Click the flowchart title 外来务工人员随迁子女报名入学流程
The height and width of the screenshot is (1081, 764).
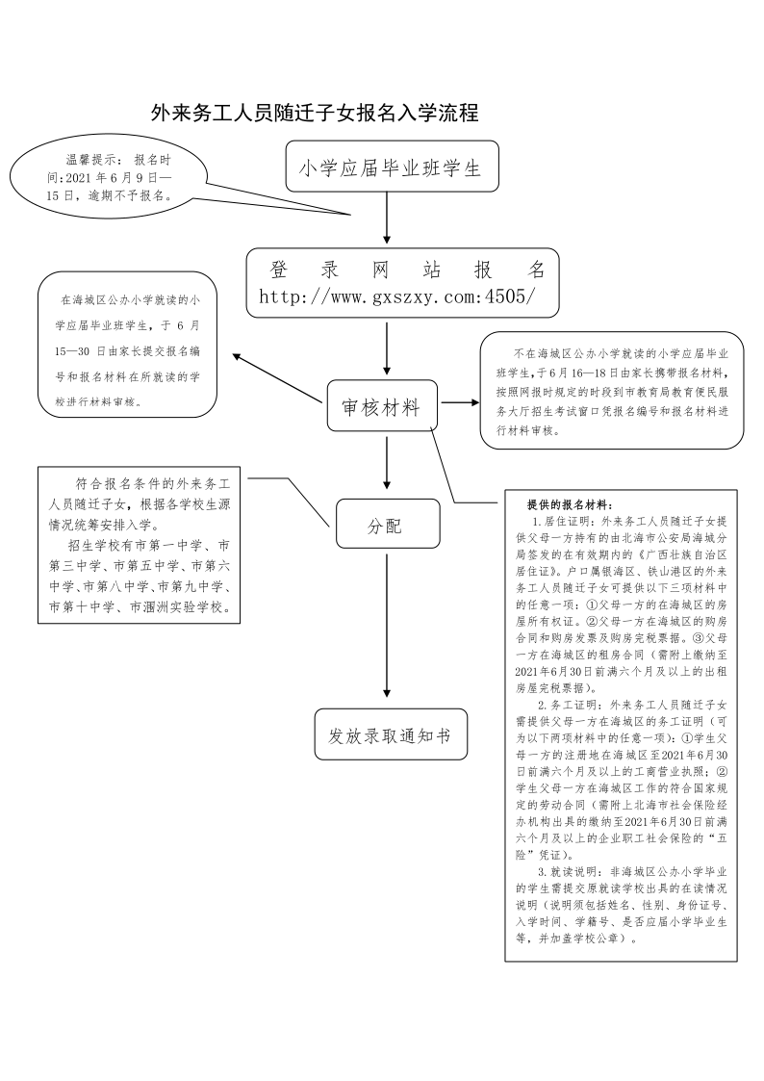(x=315, y=114)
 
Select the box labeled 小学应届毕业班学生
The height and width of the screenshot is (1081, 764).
(x=391, y=168)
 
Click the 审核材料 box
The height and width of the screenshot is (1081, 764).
(x=381, y=407)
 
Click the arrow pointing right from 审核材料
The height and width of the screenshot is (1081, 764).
(x=460, y=401)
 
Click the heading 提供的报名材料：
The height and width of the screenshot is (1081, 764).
(x=574, y=503)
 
